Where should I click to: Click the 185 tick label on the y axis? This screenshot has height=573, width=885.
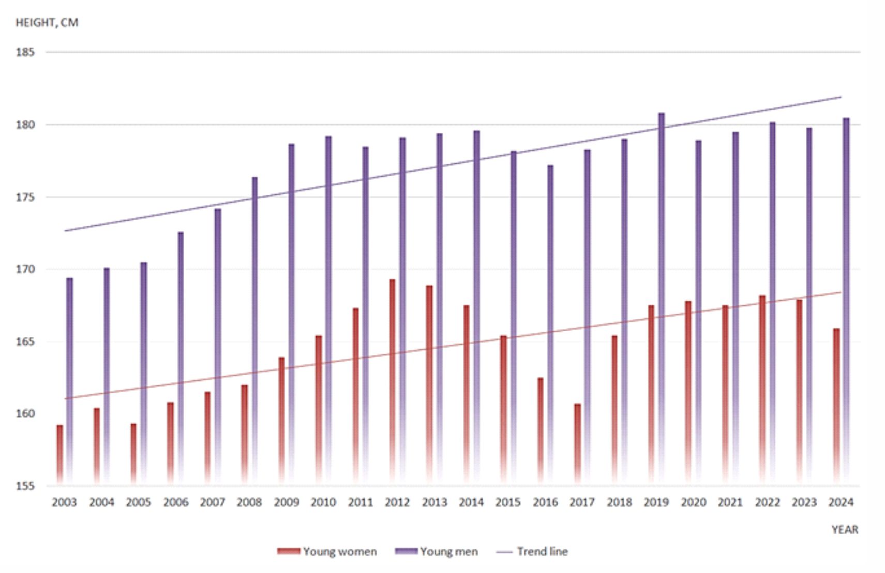pyautogui.click(x=25, y=52)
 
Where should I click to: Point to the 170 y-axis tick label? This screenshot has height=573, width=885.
pyautogui.click(x=25, y=269)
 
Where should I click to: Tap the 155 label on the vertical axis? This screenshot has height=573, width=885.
pyautogui.click(x=25, y=486)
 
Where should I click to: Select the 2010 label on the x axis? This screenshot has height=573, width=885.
pyautogui.click(x=323, y=502)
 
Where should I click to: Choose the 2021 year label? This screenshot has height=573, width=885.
pyautogui.click(x=730, y=502)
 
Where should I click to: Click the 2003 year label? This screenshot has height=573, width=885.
pyautogui.click(x=64, y=502)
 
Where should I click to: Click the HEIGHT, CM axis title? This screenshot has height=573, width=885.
pyautogui.click(x=47, y=23)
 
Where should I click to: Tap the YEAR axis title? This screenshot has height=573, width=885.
pyautogui.click(x=845, y=530)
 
